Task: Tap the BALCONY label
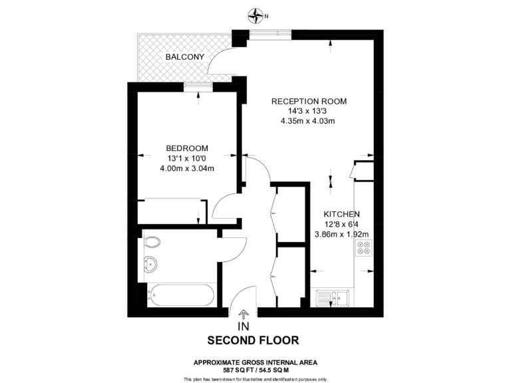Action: [x=184, y=57]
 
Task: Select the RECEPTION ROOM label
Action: [x=309, y=102]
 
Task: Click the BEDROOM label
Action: [x=187, y=148]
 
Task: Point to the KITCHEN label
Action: [x=341, y=214]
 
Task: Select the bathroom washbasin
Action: [x=150, y=265]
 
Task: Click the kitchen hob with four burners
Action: [x=364, y=248]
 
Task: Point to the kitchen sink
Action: [x=333, y=298]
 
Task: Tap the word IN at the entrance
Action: [x=243, y=326]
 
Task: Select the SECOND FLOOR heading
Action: [x=253, y=340]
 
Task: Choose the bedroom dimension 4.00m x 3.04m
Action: [x=187, y=168]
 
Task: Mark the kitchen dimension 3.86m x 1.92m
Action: [x=341, y=234]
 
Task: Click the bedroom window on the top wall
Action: [x=194, y=84]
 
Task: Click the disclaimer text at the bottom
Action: [x=255, y=379]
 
